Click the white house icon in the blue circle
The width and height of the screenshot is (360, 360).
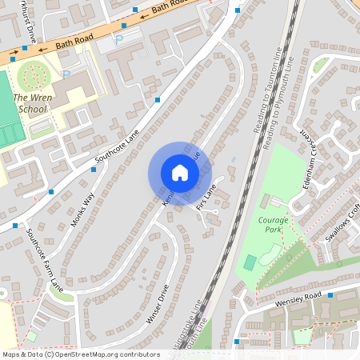click(179, 173)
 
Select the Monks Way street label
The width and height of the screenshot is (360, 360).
click(83, 210)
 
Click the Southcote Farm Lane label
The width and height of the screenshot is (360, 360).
click(44, 261)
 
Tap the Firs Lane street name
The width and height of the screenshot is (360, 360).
click(206, 198)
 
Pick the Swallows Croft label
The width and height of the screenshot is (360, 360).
click(342, 223)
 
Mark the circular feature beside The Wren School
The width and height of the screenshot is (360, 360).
click(32, 77)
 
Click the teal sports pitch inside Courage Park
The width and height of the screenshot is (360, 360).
click(250, 262)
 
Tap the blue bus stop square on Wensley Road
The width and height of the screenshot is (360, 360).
click(237, 342)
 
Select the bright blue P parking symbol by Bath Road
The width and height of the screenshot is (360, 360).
click(119, 38)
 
